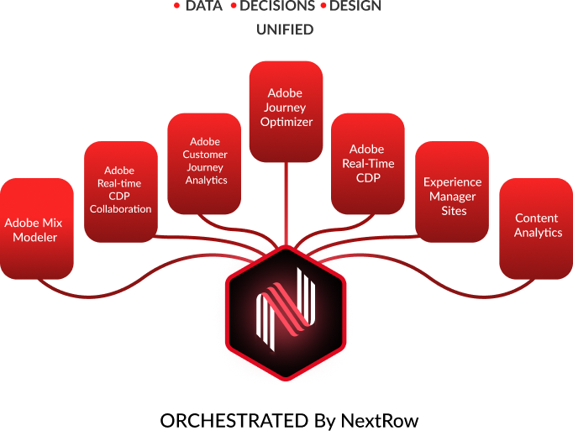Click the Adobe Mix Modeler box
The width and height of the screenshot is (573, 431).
pos(37,229)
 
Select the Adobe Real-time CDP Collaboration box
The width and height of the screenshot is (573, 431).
pos(121,192)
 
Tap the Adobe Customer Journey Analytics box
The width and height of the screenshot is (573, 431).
pos(204,162)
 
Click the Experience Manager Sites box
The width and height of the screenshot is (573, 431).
pos(452,196)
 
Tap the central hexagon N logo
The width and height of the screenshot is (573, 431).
pos(286,311)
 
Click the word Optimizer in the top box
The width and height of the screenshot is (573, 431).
pos(286,122)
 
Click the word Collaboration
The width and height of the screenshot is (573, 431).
pos(121,208)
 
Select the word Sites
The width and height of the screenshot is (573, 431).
pos(452,210)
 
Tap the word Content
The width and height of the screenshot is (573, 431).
pos(537,218)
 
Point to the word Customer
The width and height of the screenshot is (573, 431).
pos(205,155)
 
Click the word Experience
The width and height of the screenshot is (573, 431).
pos(452,181)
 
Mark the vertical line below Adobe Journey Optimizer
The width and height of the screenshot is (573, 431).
pos(286,202)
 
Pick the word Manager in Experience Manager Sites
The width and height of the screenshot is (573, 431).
pos(452,196)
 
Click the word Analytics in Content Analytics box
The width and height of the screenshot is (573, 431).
pos(538,233)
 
